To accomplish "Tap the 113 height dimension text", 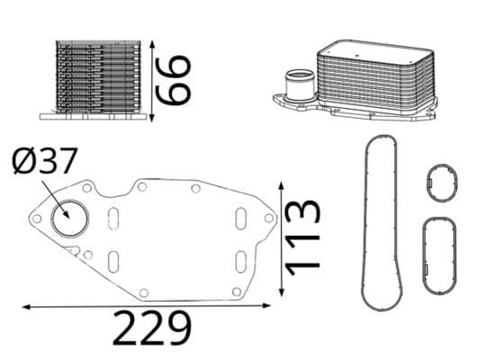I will (x=302, y=238).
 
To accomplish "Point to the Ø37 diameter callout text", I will (x=45, y=164).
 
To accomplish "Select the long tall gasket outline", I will (x=379, y=221).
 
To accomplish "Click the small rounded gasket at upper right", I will (x=442, y=184).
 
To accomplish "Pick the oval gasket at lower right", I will (x=440, y=254).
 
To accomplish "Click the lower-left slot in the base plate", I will (x=113, y=262).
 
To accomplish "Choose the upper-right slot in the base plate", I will (x=240, y=219).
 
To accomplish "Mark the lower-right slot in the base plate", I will (x=240, y=261).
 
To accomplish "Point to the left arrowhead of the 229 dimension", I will (x=25, y=307).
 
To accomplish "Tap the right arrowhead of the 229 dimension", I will (x=273, y=307).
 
